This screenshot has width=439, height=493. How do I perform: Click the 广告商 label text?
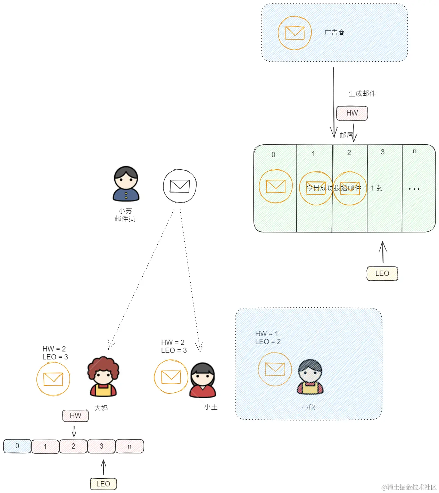pyautogui.click(x=334, y=33)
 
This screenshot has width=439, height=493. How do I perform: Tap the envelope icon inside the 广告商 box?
pyautogui.click(x=295, y=33)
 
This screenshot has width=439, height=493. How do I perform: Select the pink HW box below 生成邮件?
pyautogui.click(x=352, y=113)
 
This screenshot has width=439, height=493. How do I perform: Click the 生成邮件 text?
pyautogui.click(x=362, y=94)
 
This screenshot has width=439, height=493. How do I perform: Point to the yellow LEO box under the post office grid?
pyautogui.click(x=382, y=273)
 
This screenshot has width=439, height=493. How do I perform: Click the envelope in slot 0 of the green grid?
pyautogui.click(x=275, y=186)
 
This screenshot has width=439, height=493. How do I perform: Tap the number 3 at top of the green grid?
pyautogui.click(x=382, y=152)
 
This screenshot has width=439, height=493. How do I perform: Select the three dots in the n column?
pyautogui.click(x=414, y=189)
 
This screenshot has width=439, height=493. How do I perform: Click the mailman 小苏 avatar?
pyautogui.click(x=126, y=184)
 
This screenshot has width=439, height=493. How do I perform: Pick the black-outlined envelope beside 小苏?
pyautogui.click(x=180, y=186)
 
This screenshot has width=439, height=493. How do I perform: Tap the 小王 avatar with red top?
pyautogui.click(x=203, y=380)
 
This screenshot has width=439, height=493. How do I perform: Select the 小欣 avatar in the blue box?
pyautogui.click(x=310, y=377)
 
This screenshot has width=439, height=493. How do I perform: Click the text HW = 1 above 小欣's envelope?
pyautogui.click(x=266, y=334)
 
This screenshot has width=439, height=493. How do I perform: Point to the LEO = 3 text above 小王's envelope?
pyautogui.click(x=174, y=350)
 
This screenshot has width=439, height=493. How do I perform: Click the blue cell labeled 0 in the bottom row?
pyautogui.click(x=17, y=446)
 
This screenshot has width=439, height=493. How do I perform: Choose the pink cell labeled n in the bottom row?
pyautogui.click(x=129, y=447)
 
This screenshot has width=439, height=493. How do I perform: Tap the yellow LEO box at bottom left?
pyautogui.click(x=103, y=484)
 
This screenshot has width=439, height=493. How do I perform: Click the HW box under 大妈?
pyautogui.click(x=75, y=416)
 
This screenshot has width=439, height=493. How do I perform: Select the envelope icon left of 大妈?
pyautogui.click(x=53, y=379)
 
